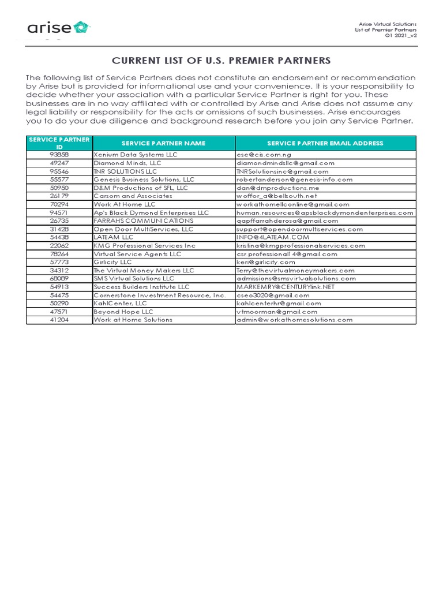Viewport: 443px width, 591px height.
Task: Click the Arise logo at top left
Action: point(58,28)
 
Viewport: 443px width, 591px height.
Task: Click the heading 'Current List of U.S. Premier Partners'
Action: point(221,61)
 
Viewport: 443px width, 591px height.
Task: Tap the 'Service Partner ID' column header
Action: point(59,143)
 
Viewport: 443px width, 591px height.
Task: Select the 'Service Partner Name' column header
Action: point(163,143)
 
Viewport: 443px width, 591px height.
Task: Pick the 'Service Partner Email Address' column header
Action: point(325,143)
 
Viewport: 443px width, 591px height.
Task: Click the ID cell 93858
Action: point(59,155)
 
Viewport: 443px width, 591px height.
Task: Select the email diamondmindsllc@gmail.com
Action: point(285,163)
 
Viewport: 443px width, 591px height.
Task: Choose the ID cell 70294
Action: point(59,204)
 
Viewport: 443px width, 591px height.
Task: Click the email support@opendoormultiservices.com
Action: point(299,229)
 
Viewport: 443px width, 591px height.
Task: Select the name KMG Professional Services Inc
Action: point(145,245)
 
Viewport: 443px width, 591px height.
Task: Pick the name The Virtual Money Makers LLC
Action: point(144,270)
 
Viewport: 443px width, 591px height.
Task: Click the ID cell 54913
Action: point(59,287)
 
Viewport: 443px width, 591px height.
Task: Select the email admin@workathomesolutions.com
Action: point(294,320)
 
